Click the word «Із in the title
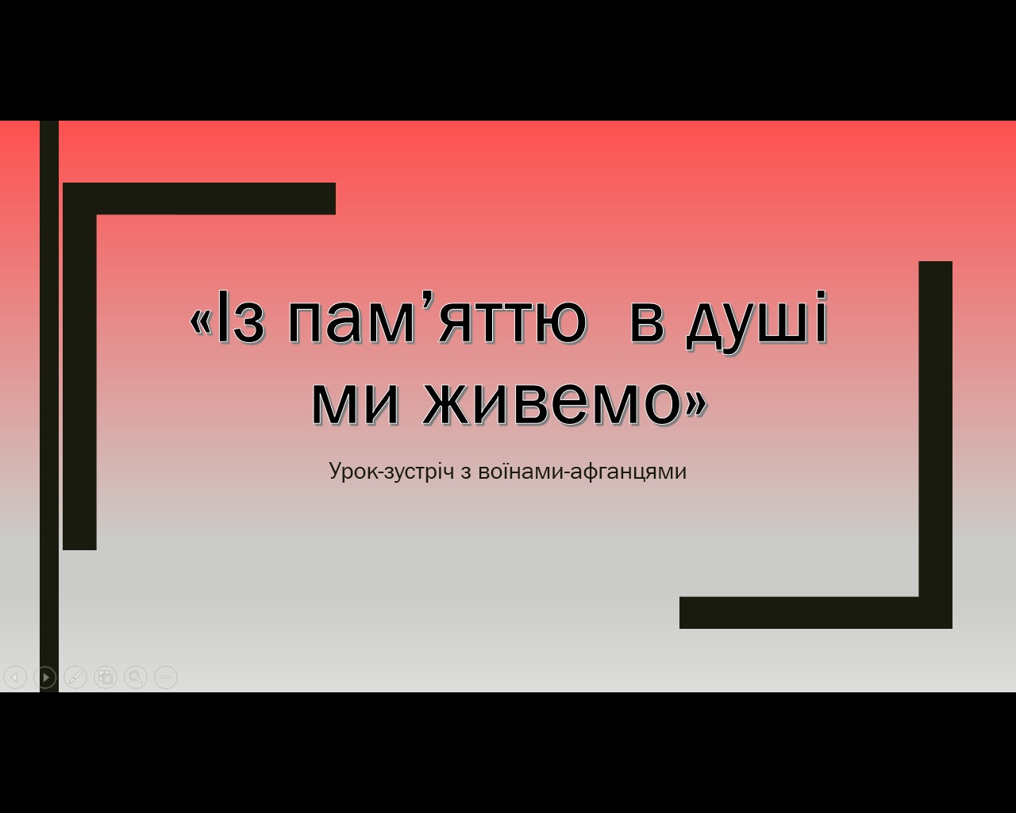pos(227,317)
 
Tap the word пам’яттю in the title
pos(437,317)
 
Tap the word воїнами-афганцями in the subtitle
pos(582,472)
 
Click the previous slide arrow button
pos(15,677)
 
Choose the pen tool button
pos(75,677)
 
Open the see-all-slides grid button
pos(106,677)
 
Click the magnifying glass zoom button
pos(136,677)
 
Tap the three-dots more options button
pos(166,677)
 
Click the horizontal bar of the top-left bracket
pos(199,198)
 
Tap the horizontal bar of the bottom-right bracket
pos(816,613)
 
